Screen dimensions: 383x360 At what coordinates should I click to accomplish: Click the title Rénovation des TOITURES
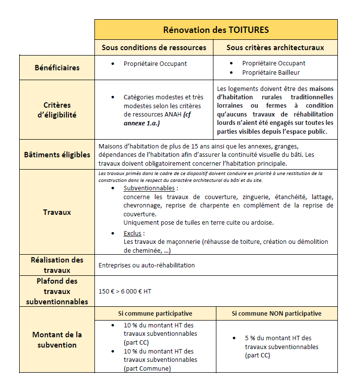pyautogui.click(x=216, y=30)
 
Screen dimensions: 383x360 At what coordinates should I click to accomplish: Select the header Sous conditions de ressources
pyautogui.click(x=154, y=48)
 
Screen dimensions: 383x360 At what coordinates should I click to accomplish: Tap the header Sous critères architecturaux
pyautogui.click(x=275, y=48)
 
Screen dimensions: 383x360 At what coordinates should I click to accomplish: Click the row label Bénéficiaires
pyautogui.click(x=57, y=67)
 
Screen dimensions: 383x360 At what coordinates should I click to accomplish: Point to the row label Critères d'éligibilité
pyautogui.click(x=57, y=110)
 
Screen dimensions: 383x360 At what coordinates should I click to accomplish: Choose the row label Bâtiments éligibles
pyautogui.click(x=57, y=154)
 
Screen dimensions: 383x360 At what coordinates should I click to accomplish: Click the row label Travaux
pyautogui.click(x=57, y=212)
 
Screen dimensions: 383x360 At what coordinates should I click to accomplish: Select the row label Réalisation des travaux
pyautogui.click(x=57, y=265)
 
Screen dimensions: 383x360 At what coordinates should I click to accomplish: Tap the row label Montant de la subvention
pyautogui.click(x=57, y=340)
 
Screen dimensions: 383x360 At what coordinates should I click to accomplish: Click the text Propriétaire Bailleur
pyautogui.click(x=270, y=73)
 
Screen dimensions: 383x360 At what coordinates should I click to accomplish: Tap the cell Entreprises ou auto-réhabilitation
pyautogui.click(x=147, y=265)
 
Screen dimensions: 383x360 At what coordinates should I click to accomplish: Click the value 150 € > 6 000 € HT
pyautogui.click(x=125, y=291)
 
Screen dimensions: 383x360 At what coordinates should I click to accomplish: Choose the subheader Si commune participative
pyautogui.click(x=155, y=314)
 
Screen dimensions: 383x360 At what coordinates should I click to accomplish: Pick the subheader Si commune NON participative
pyautogui.click(x=276, y=314)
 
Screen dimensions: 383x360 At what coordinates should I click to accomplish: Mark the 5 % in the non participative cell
pyautogui.click(x=250, y=338)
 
